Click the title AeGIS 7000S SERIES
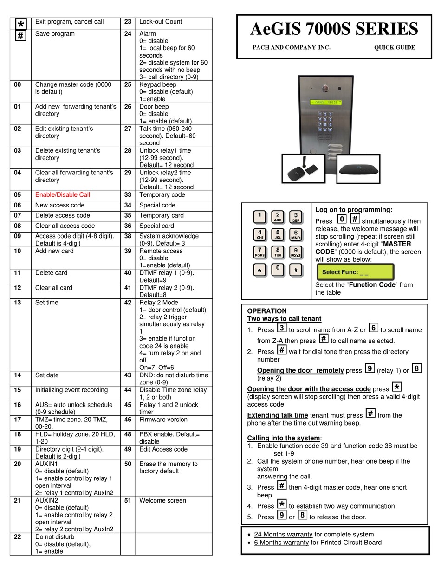tap(334, 29)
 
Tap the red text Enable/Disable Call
tap(63, 195)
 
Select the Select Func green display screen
tap(355, 272)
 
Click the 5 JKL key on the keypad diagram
tap(278, 234)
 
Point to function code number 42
tap(128, 303)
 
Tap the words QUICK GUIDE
tap(394, 47)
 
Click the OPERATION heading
tap(267, 311)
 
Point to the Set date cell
tap(47, 375)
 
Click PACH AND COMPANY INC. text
tap(291, 47)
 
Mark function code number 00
tap(17, 84)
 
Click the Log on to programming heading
tap(354, 210)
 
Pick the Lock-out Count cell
tap(161, 22)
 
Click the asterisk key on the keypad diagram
tap(259, 270)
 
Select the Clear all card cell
tap(54, 288)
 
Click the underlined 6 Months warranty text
tap(281, 543)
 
